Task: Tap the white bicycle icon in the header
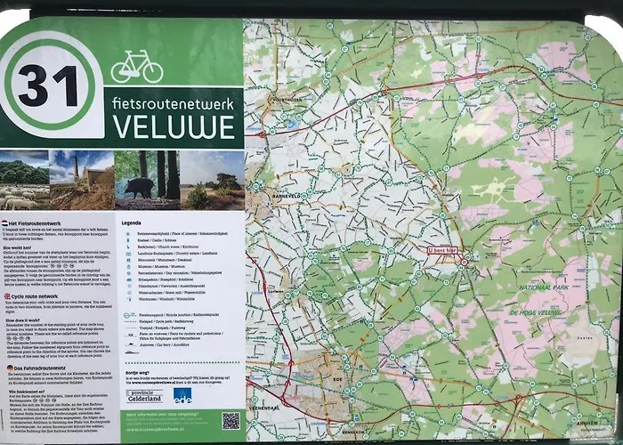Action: click(136, 67)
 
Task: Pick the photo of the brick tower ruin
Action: click(81, 179)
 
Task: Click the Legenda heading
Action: click(132, 222)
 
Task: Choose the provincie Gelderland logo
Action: click(144, 394)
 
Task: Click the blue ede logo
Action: click(182, 394)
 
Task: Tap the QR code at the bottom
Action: click(231, 421)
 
